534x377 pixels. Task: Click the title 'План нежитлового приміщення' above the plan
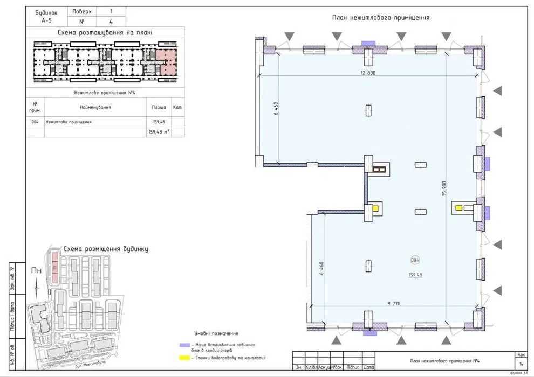[x=381, y=18]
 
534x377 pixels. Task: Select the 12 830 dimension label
[x=365, y=73]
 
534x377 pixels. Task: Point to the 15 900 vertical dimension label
[x=445, y=188]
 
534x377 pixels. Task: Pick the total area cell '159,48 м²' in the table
[x=159, y=131]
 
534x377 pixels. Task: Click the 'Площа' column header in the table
[x=159, y=107]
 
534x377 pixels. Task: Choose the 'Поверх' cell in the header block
[x=81, y=11]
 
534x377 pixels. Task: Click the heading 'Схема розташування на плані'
[x=105, y=33]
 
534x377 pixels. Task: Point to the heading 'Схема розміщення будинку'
[x=106, y=249]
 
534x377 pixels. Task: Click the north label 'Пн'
[x=36, y=271]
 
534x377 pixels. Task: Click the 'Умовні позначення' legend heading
[x=216, y=333]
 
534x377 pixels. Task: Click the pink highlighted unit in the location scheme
[x=166, y=62]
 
